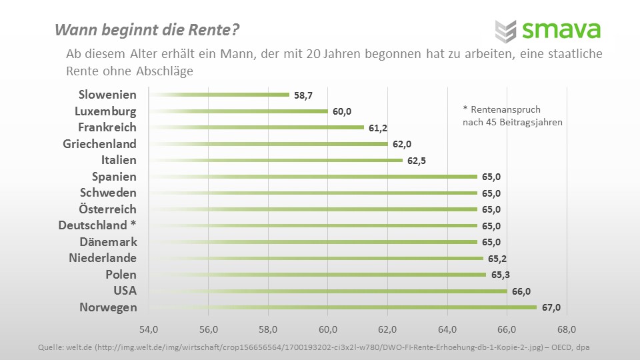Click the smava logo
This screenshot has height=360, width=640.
tap(547, 30)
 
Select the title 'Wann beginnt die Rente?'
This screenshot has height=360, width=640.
tap(147, 30)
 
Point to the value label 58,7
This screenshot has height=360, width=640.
tap(303, 95)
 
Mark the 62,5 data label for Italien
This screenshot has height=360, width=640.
tap(417, 161)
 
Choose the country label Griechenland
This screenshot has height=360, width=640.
tap(100, 143)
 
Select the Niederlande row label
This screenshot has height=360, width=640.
tap(103, 258)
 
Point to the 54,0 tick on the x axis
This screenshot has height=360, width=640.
tap(148, 329)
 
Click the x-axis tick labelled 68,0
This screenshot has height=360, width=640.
tap(567, 329)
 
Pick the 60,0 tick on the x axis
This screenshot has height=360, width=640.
tap(327, 329)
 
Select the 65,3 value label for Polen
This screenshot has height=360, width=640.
tap(500, 275)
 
